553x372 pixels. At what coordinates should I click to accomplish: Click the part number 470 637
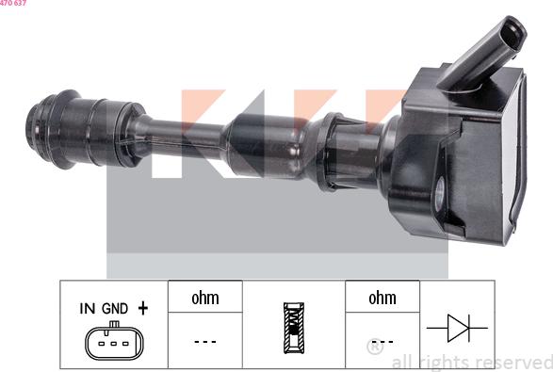[x=13, y=4]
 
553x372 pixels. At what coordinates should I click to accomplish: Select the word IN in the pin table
[x=87, y=308]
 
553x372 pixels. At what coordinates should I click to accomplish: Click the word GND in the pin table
[x=115, y=308]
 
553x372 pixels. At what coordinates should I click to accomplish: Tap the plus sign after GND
[x=143, y=307]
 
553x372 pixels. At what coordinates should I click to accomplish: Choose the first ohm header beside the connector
[x=204, y=298]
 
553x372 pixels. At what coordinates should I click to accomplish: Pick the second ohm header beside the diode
[x=382, y=298]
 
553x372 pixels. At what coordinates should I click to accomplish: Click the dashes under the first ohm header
[x=204, y=341]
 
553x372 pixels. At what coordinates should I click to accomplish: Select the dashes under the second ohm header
[x=382, y=341]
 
